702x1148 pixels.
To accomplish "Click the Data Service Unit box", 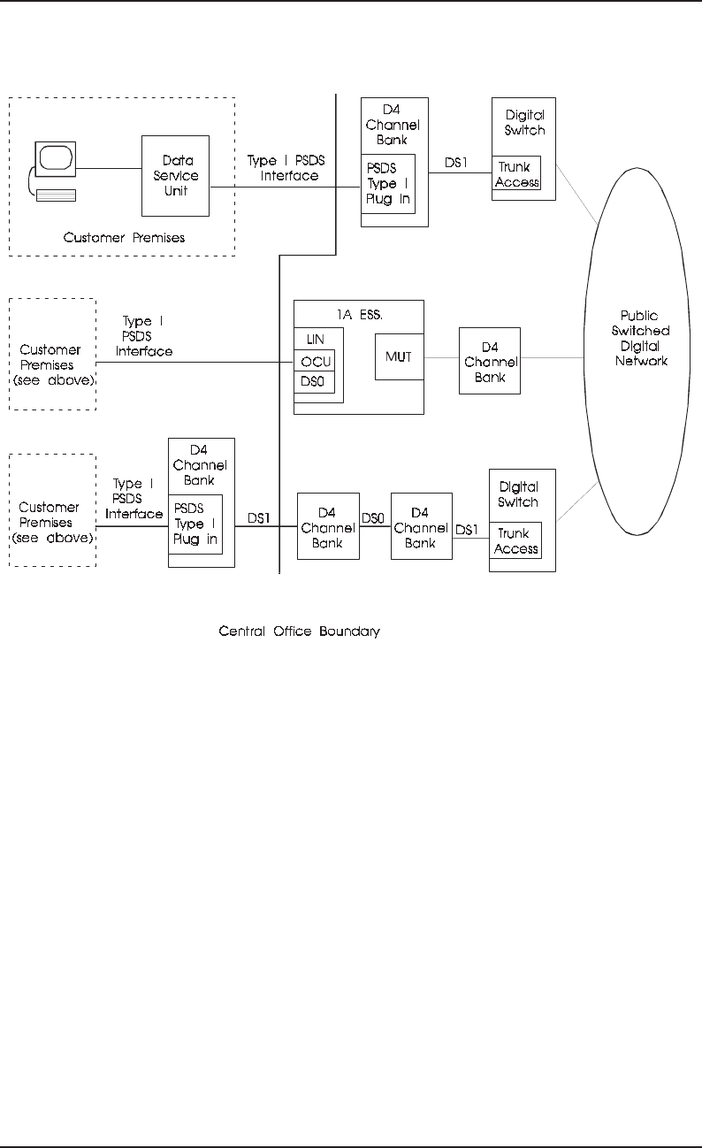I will (175, 176).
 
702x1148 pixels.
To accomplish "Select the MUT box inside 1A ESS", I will (398, 356).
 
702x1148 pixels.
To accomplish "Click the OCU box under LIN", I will (316, 363).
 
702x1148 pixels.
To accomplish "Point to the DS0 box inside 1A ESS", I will (316, 383).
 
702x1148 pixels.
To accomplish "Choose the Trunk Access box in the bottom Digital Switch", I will (516, 541).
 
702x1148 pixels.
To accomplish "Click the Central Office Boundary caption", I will (299, 632).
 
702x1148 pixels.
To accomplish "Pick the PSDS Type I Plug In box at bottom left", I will (195, 524).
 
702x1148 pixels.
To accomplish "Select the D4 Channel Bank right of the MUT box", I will (490, 361).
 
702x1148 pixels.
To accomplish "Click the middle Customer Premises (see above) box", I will (51, 354).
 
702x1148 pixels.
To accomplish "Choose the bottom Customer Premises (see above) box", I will (51, 510).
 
